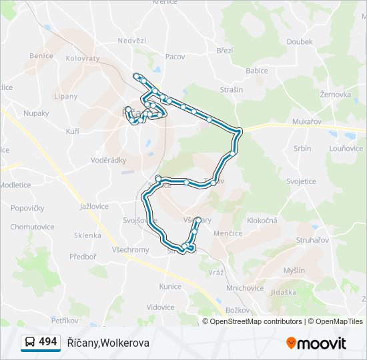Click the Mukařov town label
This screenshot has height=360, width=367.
click(307, 121)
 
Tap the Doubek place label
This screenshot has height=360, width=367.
click(299, 41)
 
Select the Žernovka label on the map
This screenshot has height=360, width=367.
click(335, 95)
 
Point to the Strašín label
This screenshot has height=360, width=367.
click(232, 90)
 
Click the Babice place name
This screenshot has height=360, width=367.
click(256, 71)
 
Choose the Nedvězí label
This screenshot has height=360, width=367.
click(131, 41)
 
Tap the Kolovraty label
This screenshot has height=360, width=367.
click(83, 59)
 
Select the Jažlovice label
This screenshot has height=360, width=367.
click(93, 207)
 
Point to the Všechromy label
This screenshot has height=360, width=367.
click(131, 250)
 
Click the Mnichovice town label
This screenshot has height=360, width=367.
click(246, 289)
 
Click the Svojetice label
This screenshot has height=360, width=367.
click(301, 181)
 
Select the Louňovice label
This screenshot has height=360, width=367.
click(346, 149)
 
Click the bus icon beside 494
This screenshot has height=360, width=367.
click(29, 343)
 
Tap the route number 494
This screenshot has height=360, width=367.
click(48, 342)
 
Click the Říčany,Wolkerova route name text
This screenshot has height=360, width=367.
click(108, 343)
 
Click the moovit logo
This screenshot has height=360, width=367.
click(316, 343)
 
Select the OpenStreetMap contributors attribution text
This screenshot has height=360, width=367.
click(254, 321)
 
